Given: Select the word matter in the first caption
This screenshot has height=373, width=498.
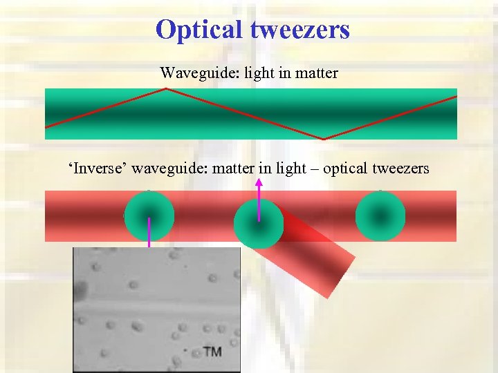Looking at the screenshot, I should [315, 73].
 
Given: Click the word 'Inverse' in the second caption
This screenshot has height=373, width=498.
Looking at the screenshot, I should [98, 168].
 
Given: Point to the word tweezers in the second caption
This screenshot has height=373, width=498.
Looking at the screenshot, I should [401, 168].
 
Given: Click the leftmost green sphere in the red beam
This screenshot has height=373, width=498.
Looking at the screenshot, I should [149, 216].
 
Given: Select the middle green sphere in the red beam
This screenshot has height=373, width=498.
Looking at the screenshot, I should [259, 224].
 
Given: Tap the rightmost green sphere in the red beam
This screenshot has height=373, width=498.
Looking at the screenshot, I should [380, 216].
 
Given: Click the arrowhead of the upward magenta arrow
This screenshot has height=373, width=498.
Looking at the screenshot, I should [259, 182].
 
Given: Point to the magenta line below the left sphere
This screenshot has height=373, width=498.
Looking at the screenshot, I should [149, 235].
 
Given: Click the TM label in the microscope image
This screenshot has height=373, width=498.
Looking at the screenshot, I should [212, 352].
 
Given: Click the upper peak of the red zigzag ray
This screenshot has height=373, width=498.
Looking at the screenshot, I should [165, 90].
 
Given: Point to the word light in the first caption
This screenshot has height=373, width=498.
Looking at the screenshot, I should [259, 73].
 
